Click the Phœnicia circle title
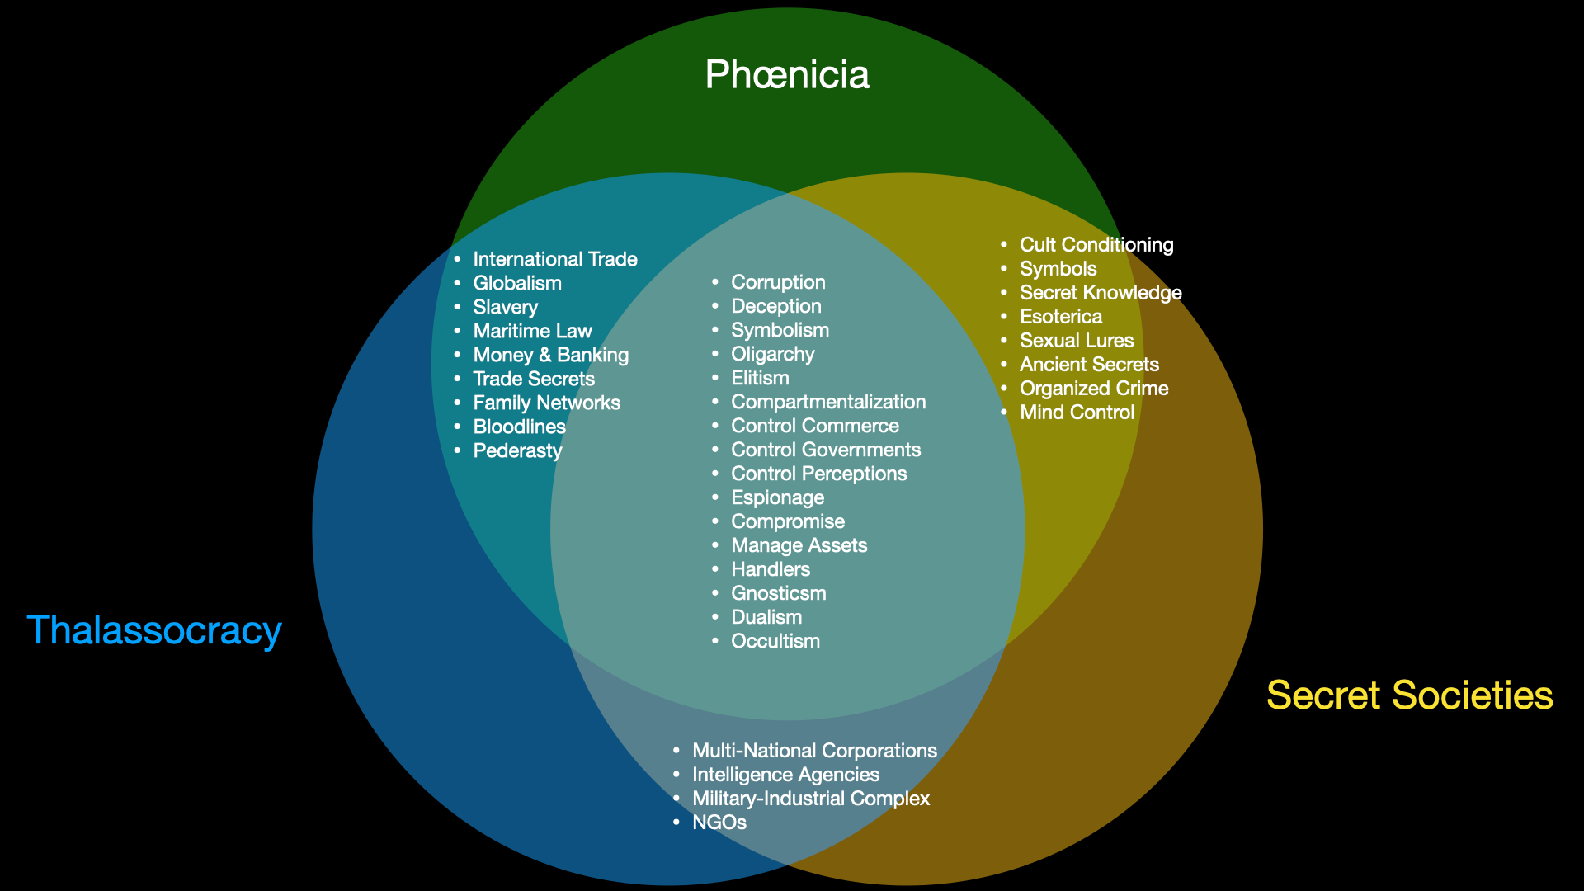point(787,75)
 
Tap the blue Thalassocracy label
point(154,630)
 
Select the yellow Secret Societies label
point(1409,695)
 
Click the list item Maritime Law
point(532,332)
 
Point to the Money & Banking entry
point(550,356)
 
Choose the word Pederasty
point(517,451)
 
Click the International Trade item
point(554,260)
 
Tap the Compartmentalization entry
point(827,403)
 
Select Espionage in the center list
point(777,498)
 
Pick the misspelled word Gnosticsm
point(778,594)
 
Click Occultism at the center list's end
point(775,642)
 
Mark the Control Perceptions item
point(818,474)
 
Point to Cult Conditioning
point(1096,245)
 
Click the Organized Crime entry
point(1093,389)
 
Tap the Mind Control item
point(1077,412)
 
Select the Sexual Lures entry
point(1076,341)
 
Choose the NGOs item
point(719,823)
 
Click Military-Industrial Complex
point(810,799)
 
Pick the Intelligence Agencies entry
point(785,775)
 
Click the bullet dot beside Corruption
point(715,282)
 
